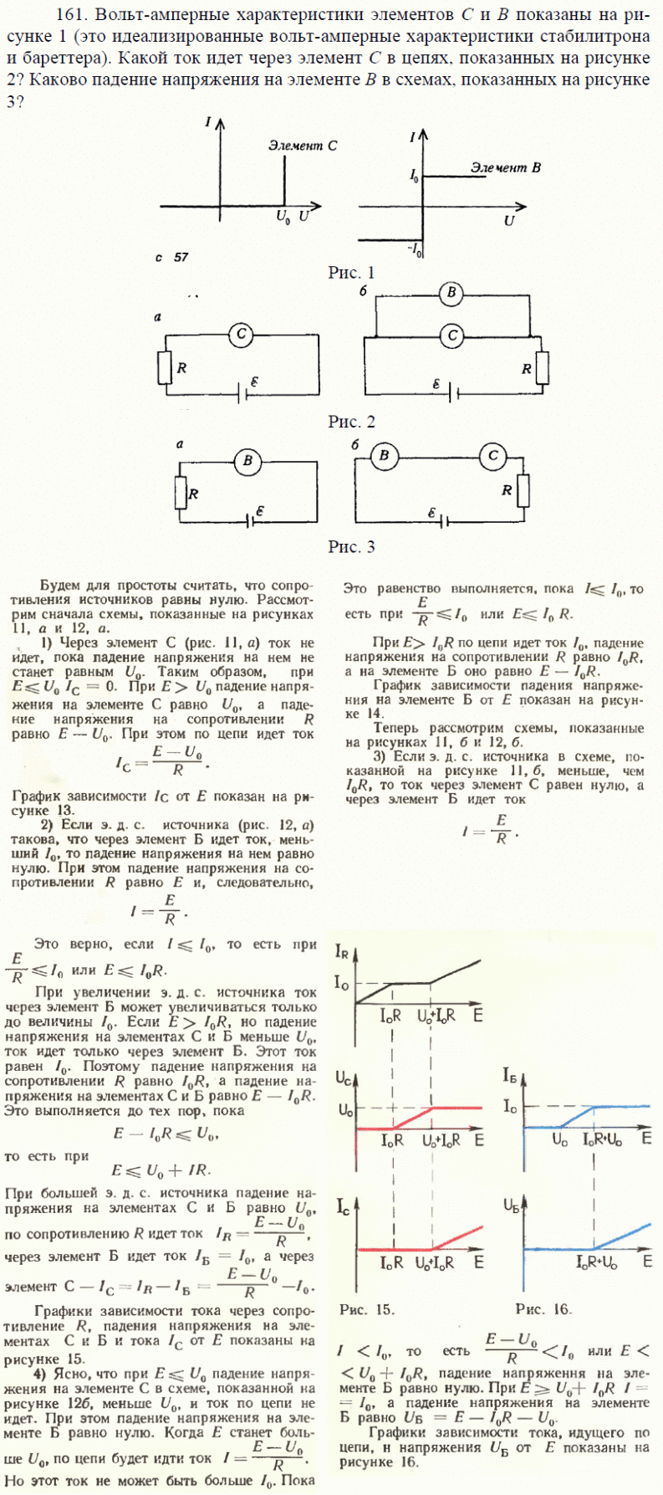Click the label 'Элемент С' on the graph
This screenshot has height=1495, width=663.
coord(302,146)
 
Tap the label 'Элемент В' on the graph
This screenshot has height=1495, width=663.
coord(505,167)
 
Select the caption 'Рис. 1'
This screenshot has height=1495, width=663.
coord(351,273)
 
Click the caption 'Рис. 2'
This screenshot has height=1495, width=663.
coord(351,422)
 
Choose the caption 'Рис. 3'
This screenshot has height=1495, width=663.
coord(351,547)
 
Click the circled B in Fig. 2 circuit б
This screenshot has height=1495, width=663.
coord(451,293)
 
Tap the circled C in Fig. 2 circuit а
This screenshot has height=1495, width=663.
coord(241,335)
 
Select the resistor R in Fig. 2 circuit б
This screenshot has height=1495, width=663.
coord(542,367)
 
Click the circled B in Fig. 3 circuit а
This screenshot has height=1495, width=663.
coord(247,462)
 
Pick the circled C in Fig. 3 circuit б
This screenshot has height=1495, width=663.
coord(492,456)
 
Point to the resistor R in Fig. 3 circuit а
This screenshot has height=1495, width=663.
coord(179,494)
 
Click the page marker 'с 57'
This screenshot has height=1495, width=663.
coord(171,258)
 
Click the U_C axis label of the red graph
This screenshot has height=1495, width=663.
coord(344,1078)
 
